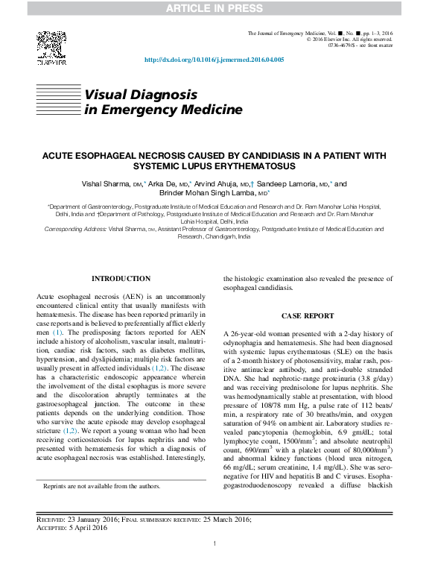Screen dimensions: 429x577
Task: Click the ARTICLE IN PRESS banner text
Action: coord(214,8)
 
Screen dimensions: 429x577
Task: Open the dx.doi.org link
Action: coord(214,60)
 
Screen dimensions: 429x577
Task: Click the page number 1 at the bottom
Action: coord(214,544)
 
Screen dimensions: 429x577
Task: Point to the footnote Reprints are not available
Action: coord(101,485)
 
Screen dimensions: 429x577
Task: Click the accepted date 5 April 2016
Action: coord(87,528)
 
